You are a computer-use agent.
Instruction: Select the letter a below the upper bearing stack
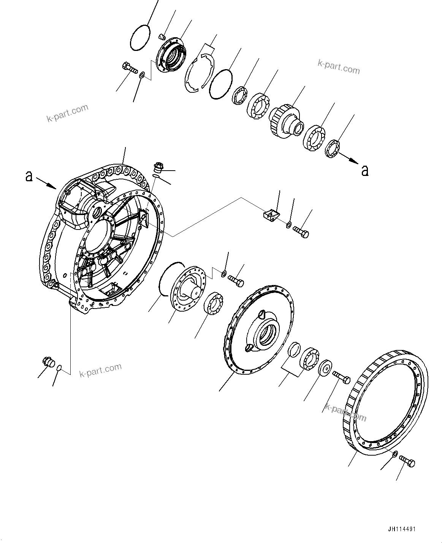pos(365,171)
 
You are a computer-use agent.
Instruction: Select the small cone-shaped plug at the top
pos(162,36)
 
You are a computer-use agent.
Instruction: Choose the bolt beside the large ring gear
pos(408,462)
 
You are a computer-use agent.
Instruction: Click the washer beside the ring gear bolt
pos(394,454)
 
